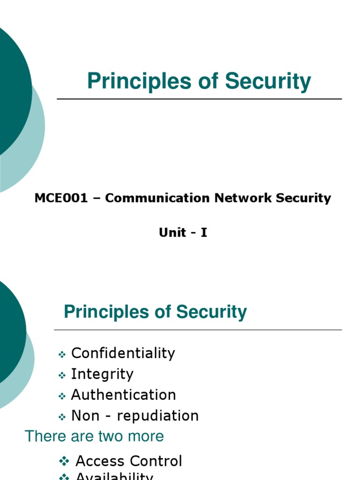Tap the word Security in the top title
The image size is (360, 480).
pyautogui.click(x=268, y=82)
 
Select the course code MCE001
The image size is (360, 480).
pyautogui.click(x=61, y=198)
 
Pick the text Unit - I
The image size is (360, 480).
pyautogui.click(x=183, y=232)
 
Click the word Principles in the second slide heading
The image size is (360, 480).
pyautogui.click(x=100, y=312)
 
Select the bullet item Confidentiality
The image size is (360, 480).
pyautogui.click(x=123, y=353)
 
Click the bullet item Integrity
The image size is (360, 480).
pyautogui.click(x=102, y=374)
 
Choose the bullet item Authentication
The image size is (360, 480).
pyautogui.click(x=123, y=395)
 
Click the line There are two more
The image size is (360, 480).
pyautogui.click(x=94, y=436)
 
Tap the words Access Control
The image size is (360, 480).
pyautogui.click(x=128, y=461)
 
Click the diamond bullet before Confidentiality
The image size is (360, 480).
pyautogui.click(x=62, y=355)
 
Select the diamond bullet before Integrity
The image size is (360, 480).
pyautogui.click(x=62, y=376)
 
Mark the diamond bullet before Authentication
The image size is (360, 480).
pyautogui.click(x=62, y=397)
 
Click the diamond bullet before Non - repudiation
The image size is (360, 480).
pyautogui.click(x=62, y=417)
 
